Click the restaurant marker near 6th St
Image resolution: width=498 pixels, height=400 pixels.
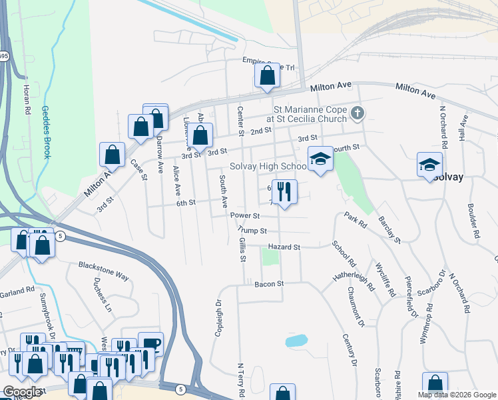tap(284, 192)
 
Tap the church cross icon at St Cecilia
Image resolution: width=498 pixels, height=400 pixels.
tap(358, 113)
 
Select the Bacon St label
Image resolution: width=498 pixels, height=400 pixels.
tap(269, 284)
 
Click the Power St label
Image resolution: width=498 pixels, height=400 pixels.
tap(245, 216)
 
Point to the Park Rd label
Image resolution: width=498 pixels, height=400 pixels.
tap(356, 220)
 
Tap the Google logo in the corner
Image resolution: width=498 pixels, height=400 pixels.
tap(22, 392)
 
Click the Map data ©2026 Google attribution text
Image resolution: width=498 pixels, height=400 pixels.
tap(457, 395)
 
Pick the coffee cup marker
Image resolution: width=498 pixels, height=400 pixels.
tap(150, 344)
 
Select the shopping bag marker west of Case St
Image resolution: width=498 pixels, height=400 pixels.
tap(113, 155)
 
